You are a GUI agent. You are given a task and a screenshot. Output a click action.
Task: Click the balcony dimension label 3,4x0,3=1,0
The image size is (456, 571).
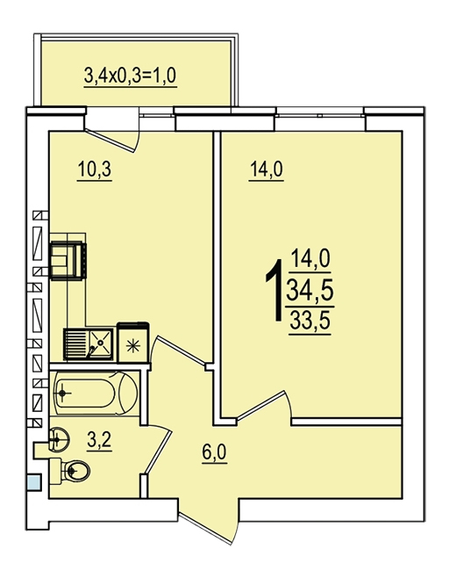130,76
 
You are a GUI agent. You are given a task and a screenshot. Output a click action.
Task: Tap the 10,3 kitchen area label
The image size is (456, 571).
94,170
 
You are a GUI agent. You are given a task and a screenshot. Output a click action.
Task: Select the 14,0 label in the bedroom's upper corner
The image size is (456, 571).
267,170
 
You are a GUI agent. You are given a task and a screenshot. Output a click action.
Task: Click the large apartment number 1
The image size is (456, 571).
275,290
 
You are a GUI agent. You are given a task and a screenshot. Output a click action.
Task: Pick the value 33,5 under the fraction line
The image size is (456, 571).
310,321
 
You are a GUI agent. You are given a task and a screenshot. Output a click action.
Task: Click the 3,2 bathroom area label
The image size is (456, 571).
99,440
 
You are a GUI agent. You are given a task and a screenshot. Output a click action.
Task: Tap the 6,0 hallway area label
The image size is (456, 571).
215,452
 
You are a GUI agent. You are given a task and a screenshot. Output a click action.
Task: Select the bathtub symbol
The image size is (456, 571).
96,394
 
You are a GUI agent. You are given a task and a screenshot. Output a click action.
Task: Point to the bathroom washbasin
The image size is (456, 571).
58,440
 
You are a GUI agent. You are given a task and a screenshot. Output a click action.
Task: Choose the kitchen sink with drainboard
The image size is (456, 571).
89,343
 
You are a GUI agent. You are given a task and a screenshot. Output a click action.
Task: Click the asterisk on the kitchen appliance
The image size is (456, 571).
132,345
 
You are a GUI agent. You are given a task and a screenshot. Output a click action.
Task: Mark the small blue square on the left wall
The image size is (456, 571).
34,482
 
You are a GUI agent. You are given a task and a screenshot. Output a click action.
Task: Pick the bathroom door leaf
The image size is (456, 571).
158,452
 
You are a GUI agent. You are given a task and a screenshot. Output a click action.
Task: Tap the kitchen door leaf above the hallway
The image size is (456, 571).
181,350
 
